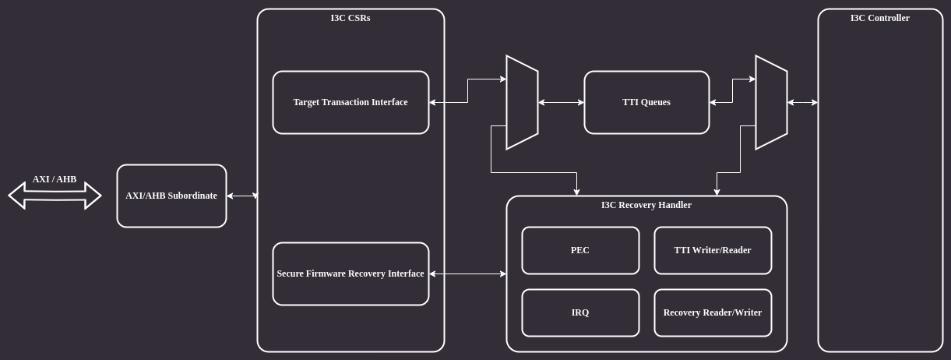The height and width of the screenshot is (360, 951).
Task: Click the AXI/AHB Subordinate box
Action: (x=171, y=196)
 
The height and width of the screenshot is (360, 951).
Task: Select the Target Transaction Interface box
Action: (x=350, y=102)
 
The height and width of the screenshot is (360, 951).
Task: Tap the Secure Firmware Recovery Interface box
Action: (x=350, y=274)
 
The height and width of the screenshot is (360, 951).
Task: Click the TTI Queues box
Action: (x=646, y=102)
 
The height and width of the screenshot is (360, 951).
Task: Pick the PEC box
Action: (x=580, y=250)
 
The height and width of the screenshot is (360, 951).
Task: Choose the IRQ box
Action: (x=580, y=312)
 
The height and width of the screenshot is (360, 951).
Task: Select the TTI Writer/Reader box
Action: (x=713, y=250)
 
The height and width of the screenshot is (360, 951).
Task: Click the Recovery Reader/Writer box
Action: (x=713, y=312)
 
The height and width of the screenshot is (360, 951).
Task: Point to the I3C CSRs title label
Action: (x=350, y=18)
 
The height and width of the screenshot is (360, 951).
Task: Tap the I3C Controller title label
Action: (x=880, y=18)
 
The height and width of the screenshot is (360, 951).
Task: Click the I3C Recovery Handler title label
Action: (x=646, y=205)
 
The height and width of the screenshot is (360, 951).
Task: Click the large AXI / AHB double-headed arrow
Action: (x=55, y=196)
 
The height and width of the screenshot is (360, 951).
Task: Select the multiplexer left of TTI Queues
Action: (x=522, y=102)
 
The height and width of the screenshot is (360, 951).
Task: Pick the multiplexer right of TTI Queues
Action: (x=771, y=102)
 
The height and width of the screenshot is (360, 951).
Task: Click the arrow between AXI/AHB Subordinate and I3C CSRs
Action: (x=242, y=196)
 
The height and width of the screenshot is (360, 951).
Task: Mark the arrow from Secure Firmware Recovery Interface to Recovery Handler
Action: (x=467, y=274)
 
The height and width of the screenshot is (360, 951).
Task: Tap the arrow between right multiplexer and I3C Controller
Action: (x=802, y=102)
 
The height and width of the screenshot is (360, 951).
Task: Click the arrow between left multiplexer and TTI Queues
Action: (x=561, y=102)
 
